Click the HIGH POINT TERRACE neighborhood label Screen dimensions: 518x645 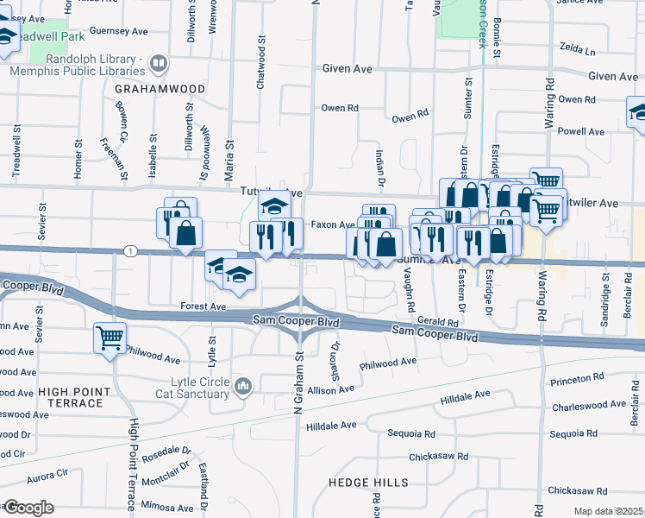[x=74, y=398]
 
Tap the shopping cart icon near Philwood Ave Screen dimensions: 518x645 [x=110, y=338]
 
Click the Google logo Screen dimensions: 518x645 [x=28, y=507]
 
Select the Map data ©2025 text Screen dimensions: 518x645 [x=607, y=511]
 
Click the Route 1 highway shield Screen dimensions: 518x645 [x=129, y=250]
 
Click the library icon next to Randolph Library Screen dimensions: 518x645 [x=159, y=62]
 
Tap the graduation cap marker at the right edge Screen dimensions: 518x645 [x=638, y=112]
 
